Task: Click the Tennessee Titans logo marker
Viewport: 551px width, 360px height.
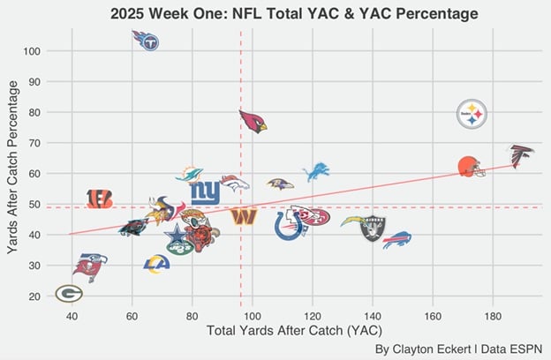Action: pyautogui.click(x=146, y=40)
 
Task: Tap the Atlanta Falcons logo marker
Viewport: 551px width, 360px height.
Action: pyautogui.click(x=520, y=155)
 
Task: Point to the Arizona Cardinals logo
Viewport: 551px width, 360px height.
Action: pyautogui.click(x=253, y=120)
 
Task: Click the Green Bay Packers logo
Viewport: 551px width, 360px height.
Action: pyautogui.click(x=69, y=293)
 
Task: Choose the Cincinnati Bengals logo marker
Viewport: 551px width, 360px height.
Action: pyautogui.click(x=100, y=199)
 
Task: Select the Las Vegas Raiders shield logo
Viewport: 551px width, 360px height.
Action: pyautogui.click(x=373, y=229)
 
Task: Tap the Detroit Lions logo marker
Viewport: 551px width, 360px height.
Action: pyautogui.click(x=316, y=171)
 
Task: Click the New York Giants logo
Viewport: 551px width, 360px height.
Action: pyautogui.click(x=205, y=192)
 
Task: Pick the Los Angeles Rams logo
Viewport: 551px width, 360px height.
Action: pyautogui.click(x=157, y=262)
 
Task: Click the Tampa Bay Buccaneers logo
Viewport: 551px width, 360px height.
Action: pyautogui.click(x=89, y=266)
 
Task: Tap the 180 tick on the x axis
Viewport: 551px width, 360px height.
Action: pyautogui.click(x=493, y=315)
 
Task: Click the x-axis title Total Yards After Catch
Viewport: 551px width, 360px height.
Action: pyautogui.click(x=285, y=331)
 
